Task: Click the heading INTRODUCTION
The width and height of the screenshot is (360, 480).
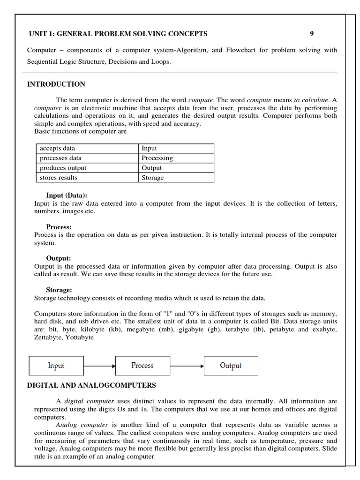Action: [x=56, y=84]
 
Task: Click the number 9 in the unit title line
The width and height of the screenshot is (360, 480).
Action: [x=312, y=33]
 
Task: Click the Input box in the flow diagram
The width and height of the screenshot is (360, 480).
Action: [x=56, y=366]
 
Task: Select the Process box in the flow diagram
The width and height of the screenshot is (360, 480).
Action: [x=142, y=366]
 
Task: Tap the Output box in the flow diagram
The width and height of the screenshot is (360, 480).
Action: [x=231, y=366]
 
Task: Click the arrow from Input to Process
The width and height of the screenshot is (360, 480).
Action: [x=99, y=366]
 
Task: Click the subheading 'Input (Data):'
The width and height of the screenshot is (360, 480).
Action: [x=67, y=195]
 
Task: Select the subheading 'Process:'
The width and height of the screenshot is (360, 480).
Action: [x=59, y=227]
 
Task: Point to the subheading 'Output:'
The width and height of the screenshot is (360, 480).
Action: [x=59, y=258]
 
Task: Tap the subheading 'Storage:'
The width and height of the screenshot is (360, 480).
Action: [x=59, y=290]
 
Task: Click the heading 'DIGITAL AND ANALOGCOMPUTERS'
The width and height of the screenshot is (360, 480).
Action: [x=91, y=385]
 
